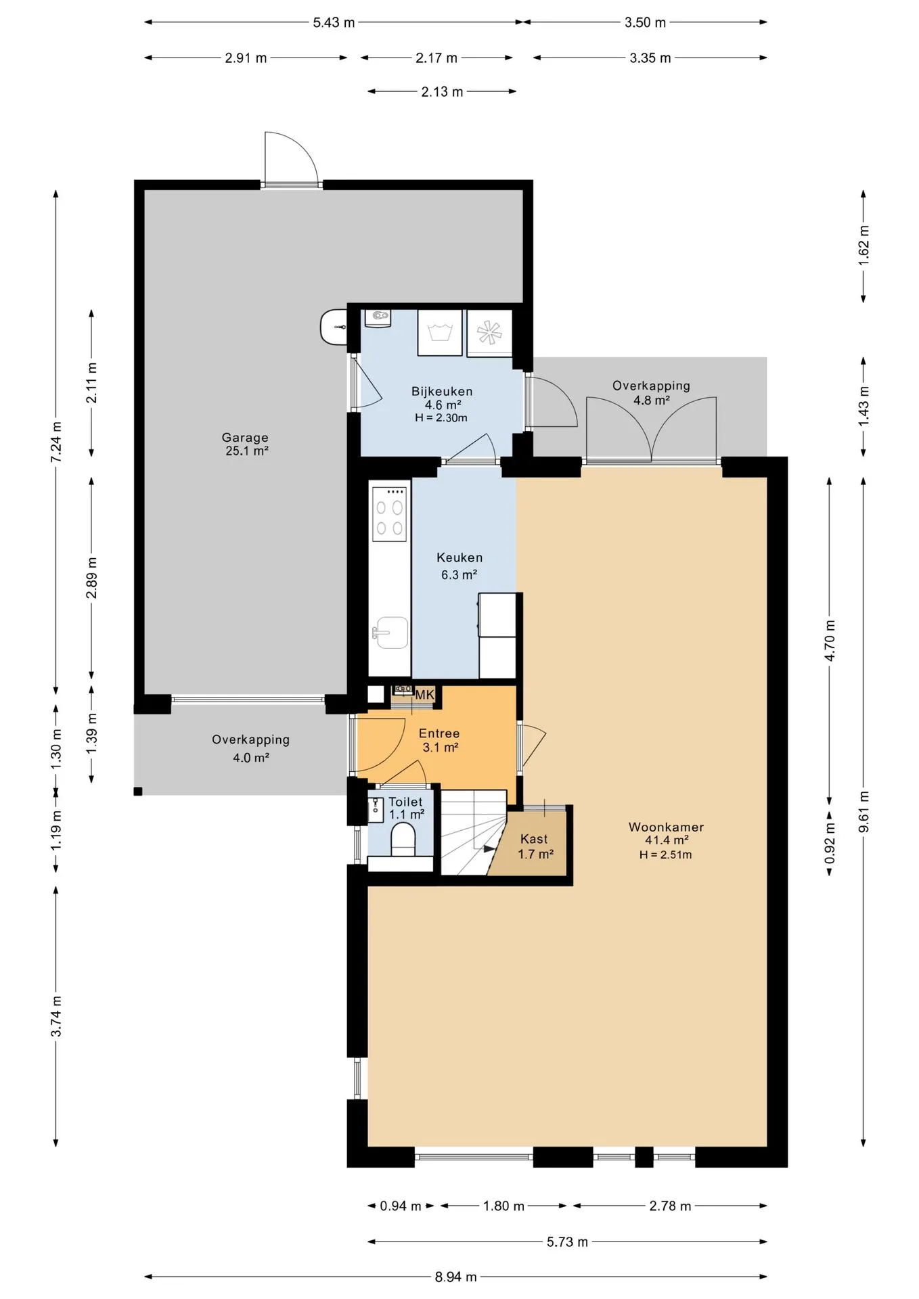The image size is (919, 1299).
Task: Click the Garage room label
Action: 245,438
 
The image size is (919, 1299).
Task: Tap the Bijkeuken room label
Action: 442,391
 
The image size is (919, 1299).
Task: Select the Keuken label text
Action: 459,557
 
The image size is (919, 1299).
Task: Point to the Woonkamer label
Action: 666,827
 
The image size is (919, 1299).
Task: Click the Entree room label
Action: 439,733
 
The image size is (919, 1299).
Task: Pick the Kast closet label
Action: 534,839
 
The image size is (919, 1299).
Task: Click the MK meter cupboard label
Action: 424,695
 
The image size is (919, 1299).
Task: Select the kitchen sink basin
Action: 392,633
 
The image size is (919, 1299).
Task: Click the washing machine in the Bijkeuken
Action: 440,332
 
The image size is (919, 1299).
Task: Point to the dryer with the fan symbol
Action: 489,332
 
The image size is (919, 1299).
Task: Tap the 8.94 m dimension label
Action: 455,1277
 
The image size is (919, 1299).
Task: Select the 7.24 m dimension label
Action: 56,442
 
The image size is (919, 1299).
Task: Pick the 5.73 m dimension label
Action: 567,1241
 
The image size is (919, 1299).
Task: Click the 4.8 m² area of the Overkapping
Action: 651,400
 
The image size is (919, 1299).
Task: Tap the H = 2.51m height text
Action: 665,854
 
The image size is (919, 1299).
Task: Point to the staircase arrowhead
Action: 490,848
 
